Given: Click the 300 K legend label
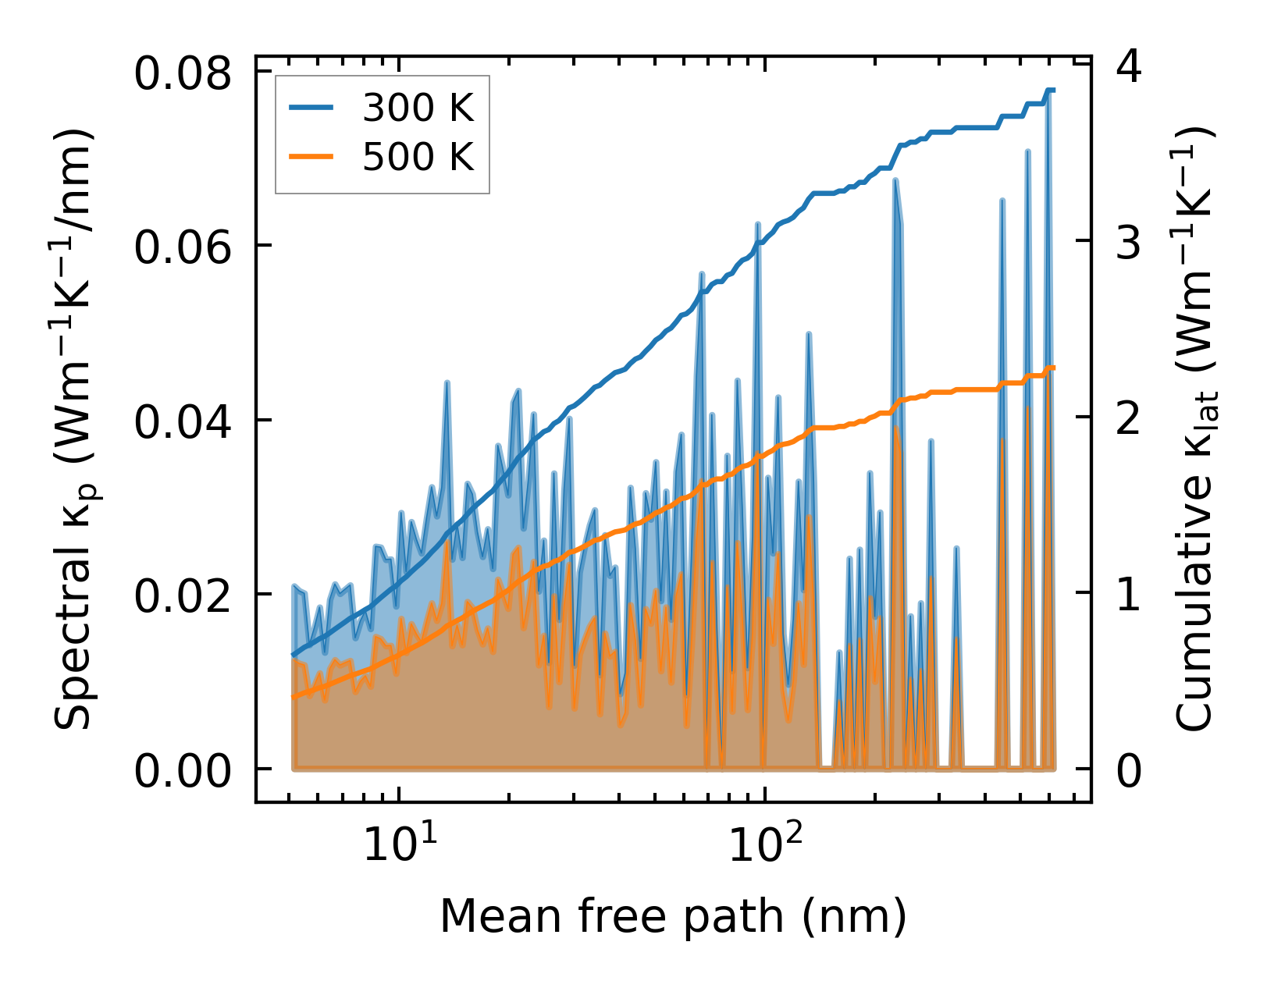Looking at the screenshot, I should [x=418, y=108].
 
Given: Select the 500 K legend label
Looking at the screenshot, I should [x=418, y=157].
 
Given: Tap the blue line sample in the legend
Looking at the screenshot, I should [x=311, y=108].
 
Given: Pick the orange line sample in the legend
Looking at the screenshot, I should [x=311, y=157].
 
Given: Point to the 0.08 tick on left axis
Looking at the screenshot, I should [x=183, y=75].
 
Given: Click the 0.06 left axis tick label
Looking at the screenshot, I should [x=183, y=249].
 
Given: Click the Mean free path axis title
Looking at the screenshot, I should [x=673, y=916].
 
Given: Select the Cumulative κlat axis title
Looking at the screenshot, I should [x=1194, y=429].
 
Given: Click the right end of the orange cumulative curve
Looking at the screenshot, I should [x=1054, y=367].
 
